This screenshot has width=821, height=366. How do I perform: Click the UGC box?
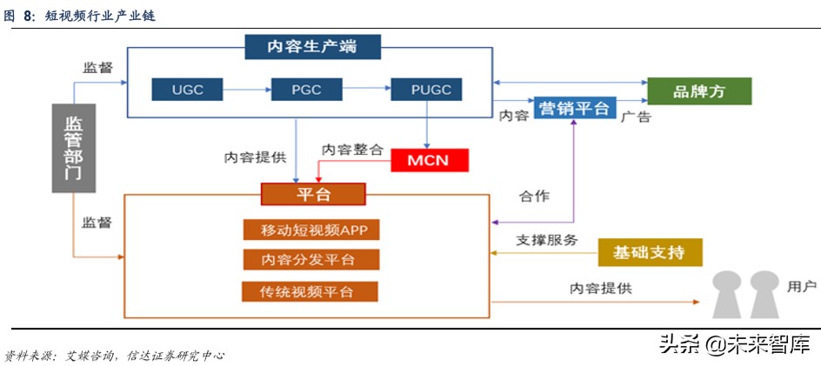coord(187,89)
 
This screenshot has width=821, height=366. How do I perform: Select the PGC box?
coord(307,89)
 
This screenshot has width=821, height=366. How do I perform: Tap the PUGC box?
coord(426,89)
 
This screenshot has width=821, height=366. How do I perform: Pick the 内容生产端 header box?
coord(312,46)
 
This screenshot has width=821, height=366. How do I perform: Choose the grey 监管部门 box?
coord(73,148)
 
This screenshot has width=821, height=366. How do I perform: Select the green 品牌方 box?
coord(699,91)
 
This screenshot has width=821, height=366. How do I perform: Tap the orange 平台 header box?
coord(313,194)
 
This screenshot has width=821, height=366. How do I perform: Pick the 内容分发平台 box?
coord(310,259)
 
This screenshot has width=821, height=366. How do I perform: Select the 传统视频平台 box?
coord(310,290)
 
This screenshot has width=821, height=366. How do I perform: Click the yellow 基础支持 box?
coord(650,253)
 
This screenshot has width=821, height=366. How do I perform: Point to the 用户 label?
coord(801,285)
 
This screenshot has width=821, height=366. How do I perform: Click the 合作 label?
coord(534,196)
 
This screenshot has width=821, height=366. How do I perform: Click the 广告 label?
coord(636,116)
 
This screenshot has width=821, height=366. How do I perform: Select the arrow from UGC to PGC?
coord(247,89)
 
